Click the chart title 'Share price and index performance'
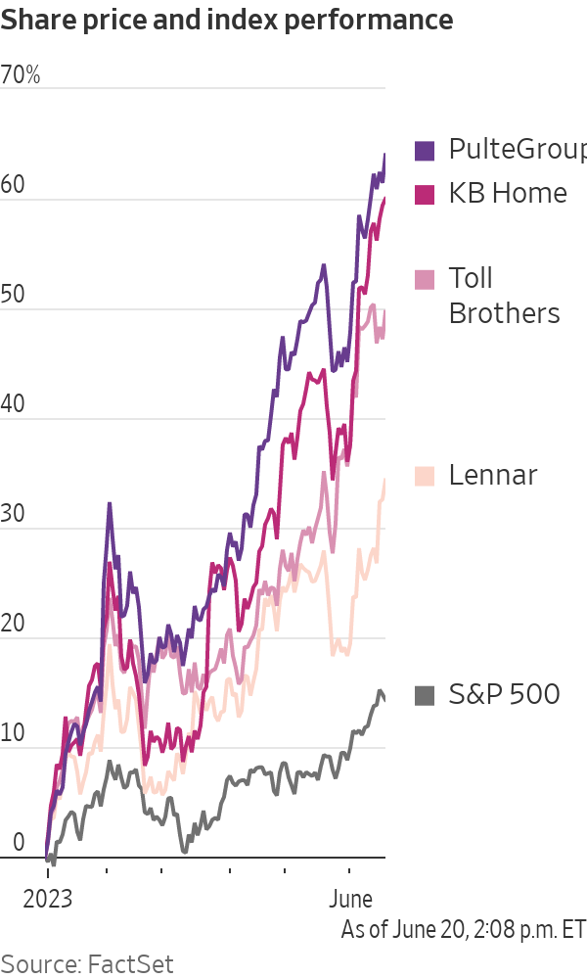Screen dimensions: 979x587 pos(227,20)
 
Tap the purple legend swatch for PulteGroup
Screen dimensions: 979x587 pos(425,150)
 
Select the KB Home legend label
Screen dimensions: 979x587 pos(507,193)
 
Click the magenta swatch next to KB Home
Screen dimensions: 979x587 pos(425,194)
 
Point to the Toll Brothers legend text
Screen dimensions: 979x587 pos(503,296)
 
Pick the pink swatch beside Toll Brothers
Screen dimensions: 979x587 pos(425,280)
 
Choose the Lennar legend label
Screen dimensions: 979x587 pos(493,476)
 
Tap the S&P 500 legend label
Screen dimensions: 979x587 pos(504,695)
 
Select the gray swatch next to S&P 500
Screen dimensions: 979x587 pos(425,696)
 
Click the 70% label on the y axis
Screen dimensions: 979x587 pos(21,75)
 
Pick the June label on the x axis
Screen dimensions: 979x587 pos(349,899)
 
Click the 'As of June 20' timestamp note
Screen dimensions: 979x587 pos(463,929)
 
